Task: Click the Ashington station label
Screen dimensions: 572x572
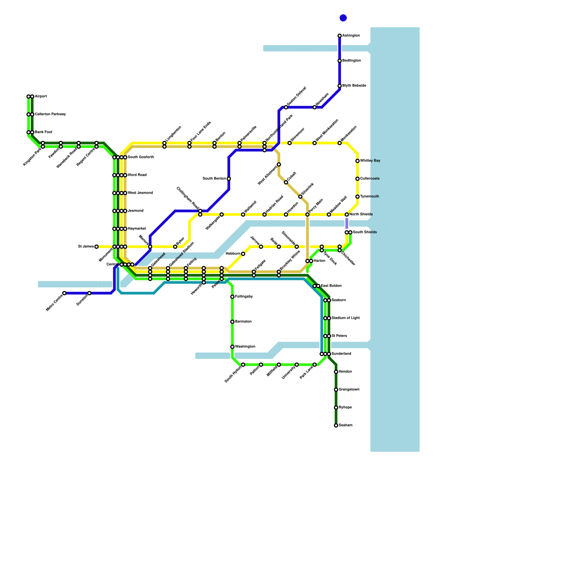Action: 351,36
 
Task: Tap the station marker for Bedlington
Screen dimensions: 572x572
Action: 340,61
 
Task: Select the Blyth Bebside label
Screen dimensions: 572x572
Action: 354,86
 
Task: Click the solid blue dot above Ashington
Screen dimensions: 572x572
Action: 343,18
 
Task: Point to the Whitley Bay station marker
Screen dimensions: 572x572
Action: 357,161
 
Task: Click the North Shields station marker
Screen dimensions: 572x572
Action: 347,214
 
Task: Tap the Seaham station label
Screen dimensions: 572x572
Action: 345,425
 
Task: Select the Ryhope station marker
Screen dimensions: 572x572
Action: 336,408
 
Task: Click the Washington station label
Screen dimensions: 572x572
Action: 245,347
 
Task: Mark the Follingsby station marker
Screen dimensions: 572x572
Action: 232,297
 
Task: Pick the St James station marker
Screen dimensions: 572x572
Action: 97,247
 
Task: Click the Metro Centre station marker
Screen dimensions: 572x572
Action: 64,293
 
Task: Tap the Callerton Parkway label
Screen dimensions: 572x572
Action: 50,114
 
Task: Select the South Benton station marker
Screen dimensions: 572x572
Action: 229,179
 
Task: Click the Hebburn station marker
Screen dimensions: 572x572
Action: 243,254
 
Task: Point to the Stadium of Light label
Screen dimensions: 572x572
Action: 345,318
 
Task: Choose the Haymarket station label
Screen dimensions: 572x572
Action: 137,229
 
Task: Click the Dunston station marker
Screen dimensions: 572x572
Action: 89,293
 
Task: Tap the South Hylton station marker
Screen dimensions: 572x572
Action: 243,365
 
